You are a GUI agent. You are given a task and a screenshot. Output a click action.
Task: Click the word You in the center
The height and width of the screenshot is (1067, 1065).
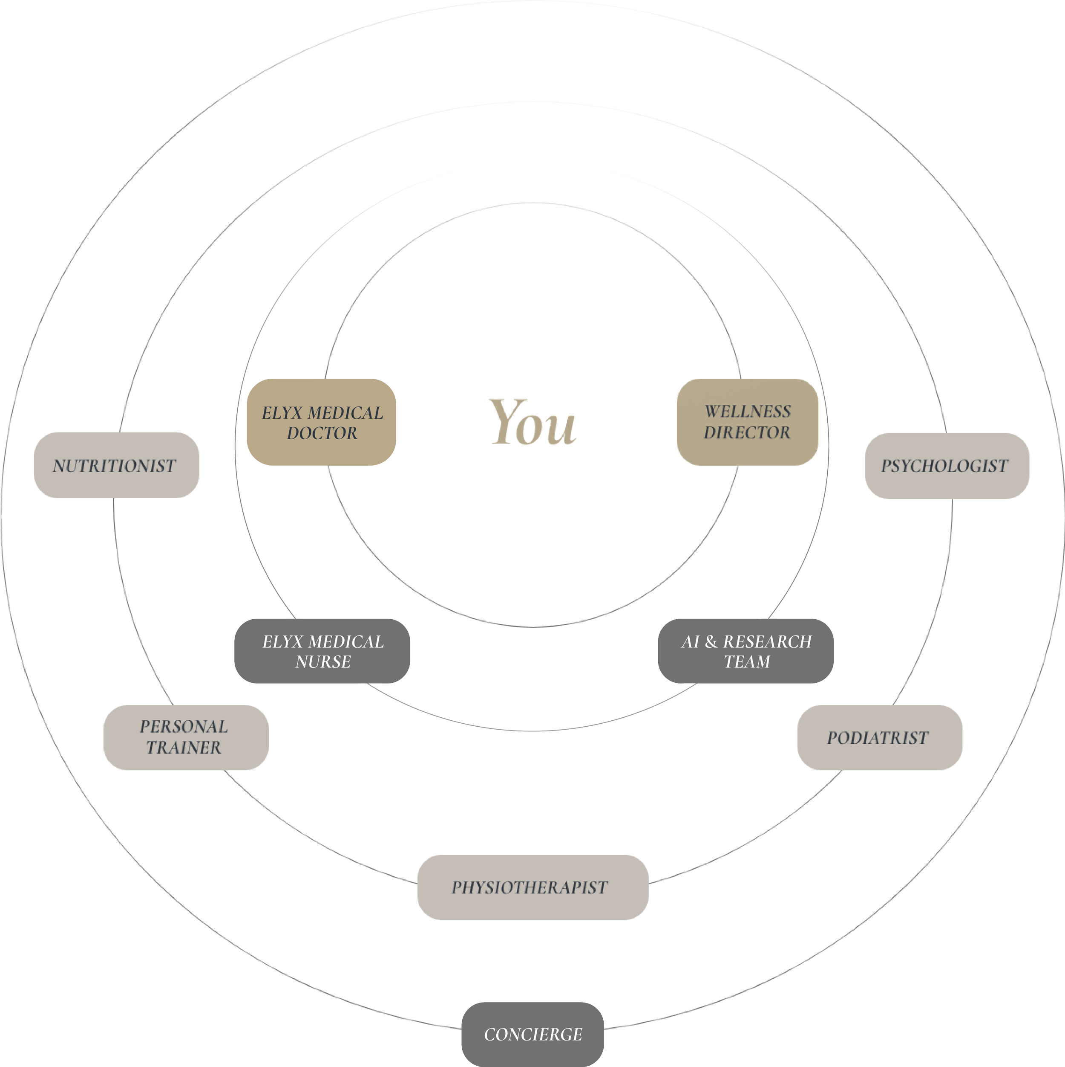(532, 423)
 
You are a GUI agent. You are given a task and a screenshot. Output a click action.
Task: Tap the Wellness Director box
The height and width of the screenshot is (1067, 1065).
(747, 422)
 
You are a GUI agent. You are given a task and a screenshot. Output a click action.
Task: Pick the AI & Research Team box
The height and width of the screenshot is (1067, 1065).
(745, 651)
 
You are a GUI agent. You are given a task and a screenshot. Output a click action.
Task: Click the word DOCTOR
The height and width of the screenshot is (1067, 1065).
(322, 433)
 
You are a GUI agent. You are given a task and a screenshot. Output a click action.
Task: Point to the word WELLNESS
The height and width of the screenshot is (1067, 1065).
(748, 412)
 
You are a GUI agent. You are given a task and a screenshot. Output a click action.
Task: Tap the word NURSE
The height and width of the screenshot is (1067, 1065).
(323, 661)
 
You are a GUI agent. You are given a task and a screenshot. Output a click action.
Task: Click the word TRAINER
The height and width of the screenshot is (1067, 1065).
(184, 748)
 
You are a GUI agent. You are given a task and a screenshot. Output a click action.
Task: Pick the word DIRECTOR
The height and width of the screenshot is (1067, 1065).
(747, 432)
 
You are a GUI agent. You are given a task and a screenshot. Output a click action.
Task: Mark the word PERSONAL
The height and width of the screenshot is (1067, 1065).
(184, 727)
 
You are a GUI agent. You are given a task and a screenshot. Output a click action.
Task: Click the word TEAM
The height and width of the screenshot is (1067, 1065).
(747, 661)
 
